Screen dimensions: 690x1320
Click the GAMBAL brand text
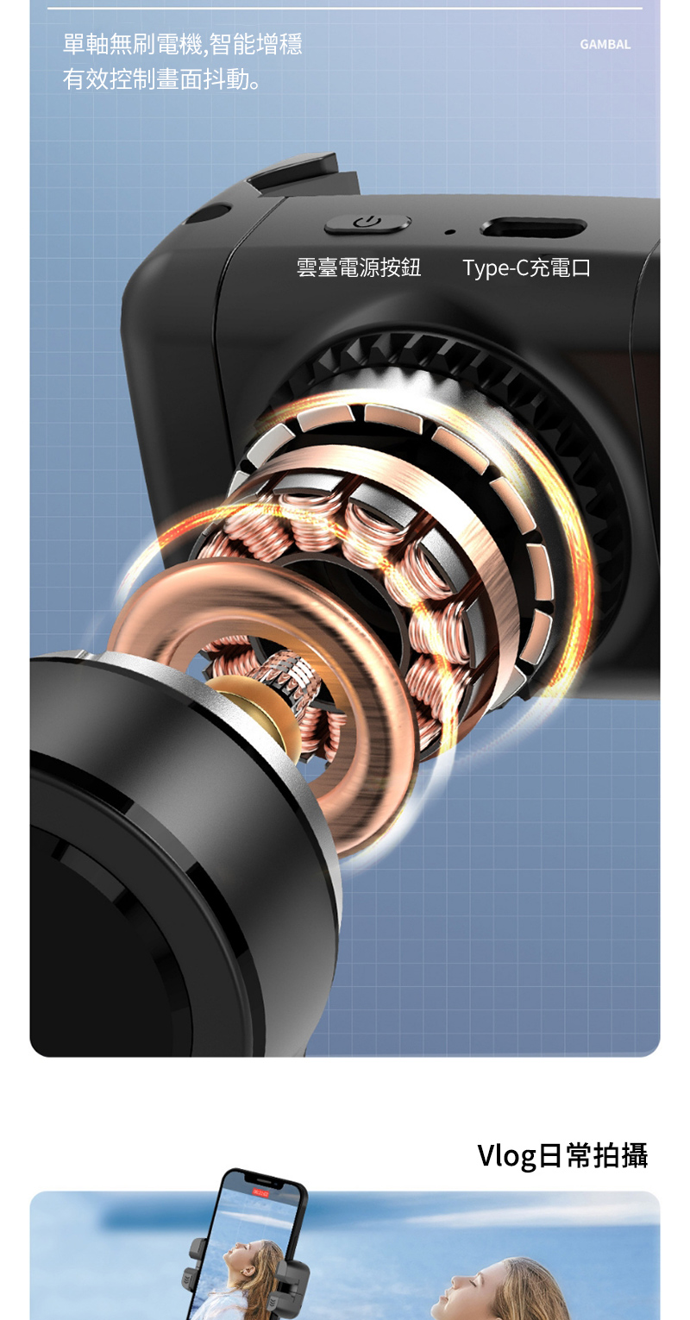[605, 44]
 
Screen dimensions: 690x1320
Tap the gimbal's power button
[367, 223]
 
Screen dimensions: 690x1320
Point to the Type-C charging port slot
[533, 227]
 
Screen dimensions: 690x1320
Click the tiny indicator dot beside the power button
[449, 231]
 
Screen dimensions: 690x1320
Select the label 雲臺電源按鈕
[358, 267]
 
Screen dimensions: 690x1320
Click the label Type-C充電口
[526, 267]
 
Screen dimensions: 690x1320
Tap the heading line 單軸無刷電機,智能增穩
[183, 44]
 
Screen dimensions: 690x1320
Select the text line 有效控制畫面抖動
[161, 79]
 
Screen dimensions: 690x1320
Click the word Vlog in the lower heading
[506, 1155]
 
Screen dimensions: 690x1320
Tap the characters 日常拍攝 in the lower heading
[593, 1155]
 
